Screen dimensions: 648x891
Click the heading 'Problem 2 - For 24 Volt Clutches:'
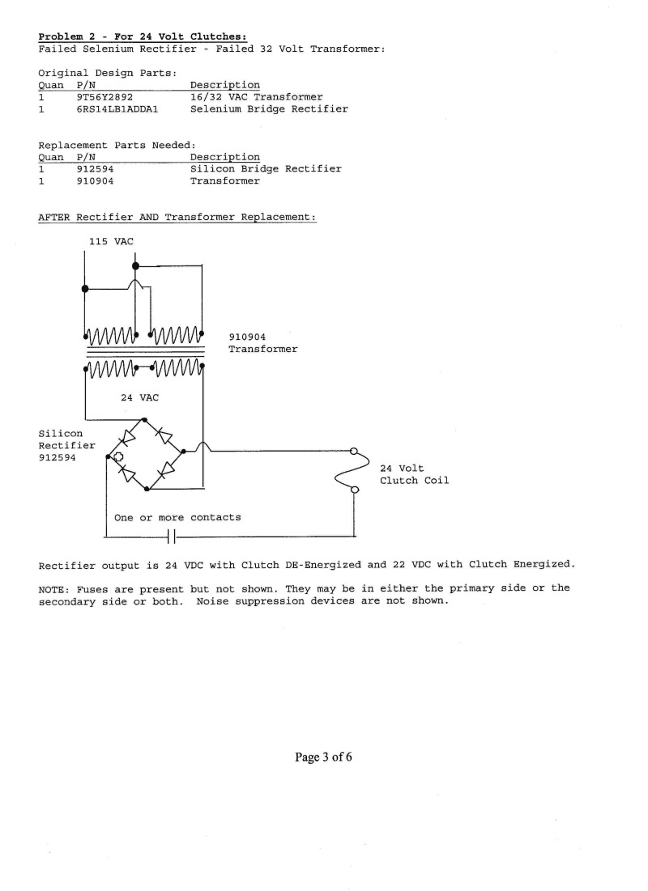pos(143,37)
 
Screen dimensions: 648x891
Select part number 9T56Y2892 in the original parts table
pos(104,97)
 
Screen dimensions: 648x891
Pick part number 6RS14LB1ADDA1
pos(117,109)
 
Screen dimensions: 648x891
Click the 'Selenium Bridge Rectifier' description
pos(269,109)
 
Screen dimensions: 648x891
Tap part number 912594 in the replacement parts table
pos(95,169)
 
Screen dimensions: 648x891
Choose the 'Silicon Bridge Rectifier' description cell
pos(266,169)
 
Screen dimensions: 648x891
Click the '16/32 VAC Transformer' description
pos(257,97)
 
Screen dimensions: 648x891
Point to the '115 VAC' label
pos(111,241)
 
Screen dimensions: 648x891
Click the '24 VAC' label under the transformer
pos(139,398)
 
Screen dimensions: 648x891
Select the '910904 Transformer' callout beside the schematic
pos(262,343)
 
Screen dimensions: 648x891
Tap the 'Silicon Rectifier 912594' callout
pos(66,445)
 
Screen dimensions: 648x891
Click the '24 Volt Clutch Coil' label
pos(414,474)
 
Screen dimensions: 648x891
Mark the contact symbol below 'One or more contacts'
pos(172,537)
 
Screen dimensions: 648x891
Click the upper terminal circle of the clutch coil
pos(353,452)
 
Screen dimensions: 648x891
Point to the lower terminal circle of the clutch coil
pos(354,490)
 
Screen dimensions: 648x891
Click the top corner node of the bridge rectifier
pos(144,420)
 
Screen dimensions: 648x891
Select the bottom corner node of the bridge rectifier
pos(147,488)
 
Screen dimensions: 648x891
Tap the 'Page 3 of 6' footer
pos(323,757)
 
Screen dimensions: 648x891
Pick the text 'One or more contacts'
pos(177,518)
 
